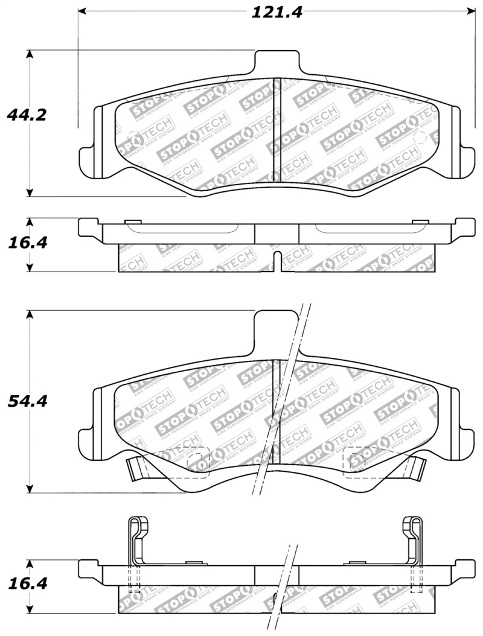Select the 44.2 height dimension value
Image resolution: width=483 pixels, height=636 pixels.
pos(26,115)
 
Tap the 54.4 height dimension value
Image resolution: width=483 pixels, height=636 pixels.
pos(27,401)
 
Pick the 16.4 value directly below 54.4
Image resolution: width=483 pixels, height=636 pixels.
pos(27,584)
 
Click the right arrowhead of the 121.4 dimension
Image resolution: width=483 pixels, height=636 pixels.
pos(471,12)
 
